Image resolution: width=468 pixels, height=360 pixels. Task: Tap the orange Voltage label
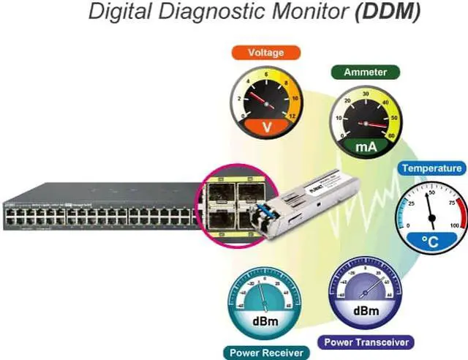266,53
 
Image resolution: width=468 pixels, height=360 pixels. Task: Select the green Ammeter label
366,72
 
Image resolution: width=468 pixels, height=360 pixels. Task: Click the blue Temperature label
431,168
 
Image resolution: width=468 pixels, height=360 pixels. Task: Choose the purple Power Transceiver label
366,342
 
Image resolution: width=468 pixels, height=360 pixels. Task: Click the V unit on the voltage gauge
267,127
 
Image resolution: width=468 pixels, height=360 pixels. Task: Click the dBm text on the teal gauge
264,320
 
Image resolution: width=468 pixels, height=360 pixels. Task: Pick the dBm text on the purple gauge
366,310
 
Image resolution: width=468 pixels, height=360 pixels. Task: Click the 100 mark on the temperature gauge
454,225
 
